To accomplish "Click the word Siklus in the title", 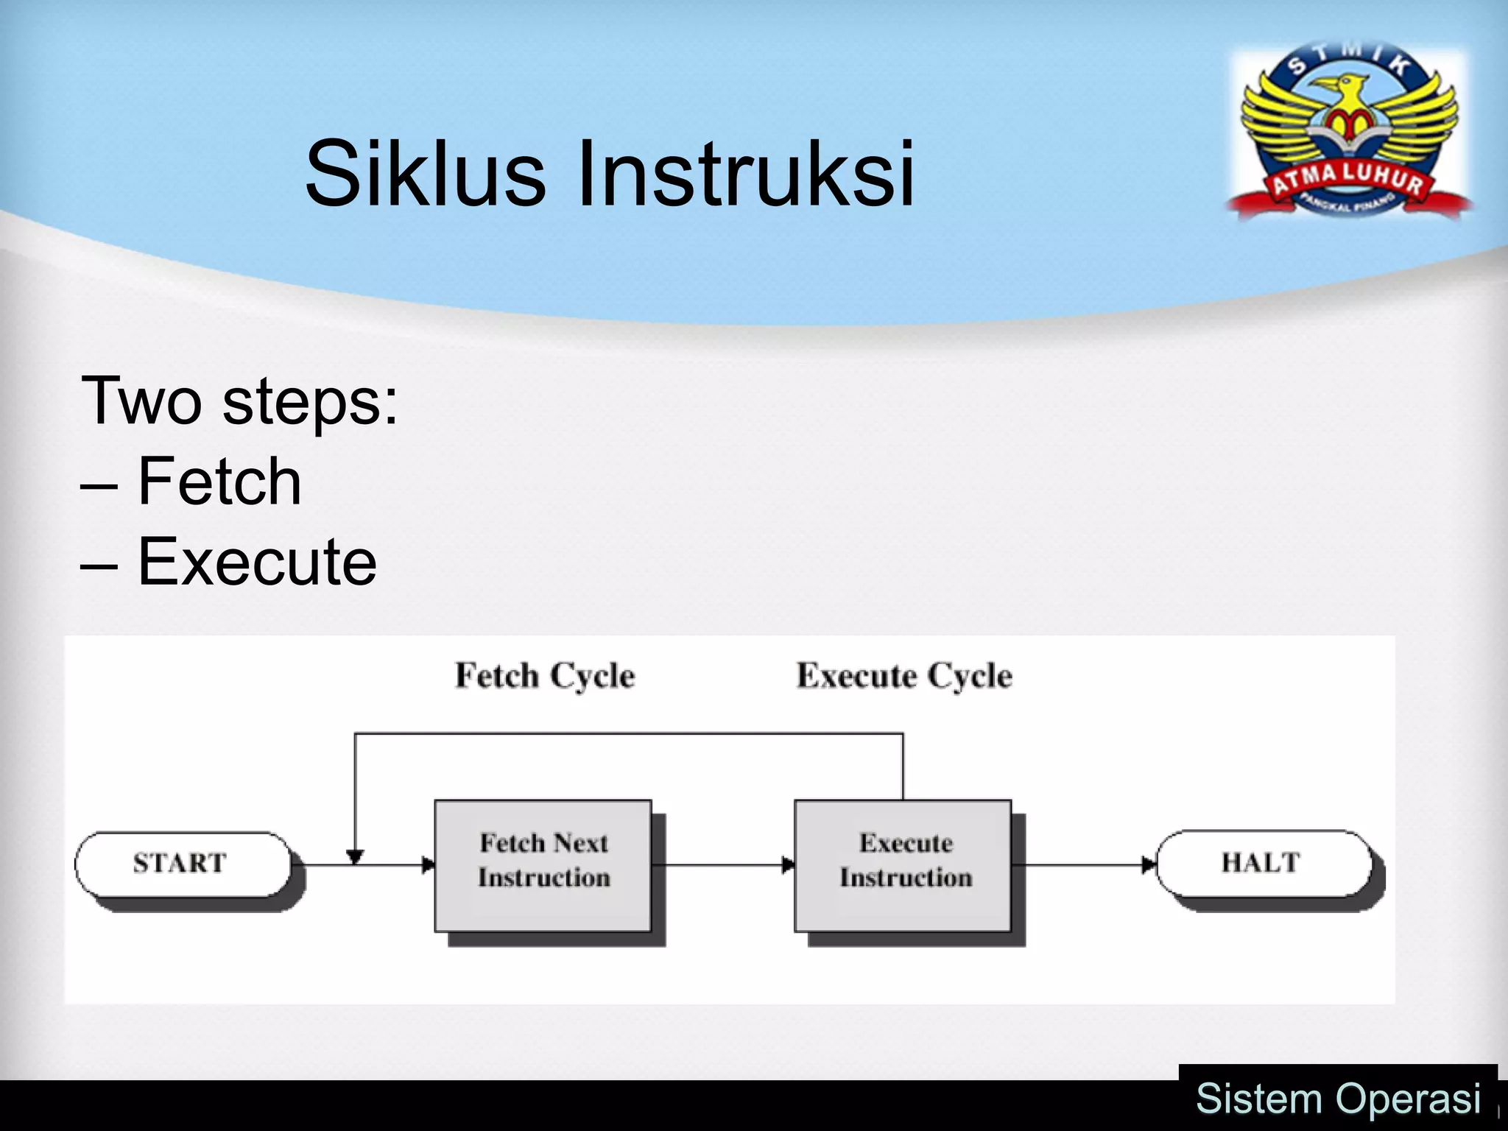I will pyautogui.click(x=425, y=174).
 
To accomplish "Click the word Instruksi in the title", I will pyautogui.click(x=745, y=174).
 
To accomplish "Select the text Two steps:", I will pyautogui.click(x=239, y=401).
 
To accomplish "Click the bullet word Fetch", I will pyautogui.click(x=219, y=482).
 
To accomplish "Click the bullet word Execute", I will pyautogui.click(x=257, y=562).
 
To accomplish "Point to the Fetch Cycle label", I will pyautogui.click(x=545, y=676).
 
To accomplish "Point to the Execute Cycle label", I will pyautogui.click(x=904, y=676).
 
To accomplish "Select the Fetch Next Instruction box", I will pyautogui.click(x=543, y=865).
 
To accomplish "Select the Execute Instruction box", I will pyautogui.click(x=903, y=865).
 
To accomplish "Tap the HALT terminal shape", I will pyautogui.click(x=1263, y=863).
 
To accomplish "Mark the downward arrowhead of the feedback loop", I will pyautogui.click(x=355, y=857).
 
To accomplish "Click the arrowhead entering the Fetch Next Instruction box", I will pyautogui.click(x=428, y=865).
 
